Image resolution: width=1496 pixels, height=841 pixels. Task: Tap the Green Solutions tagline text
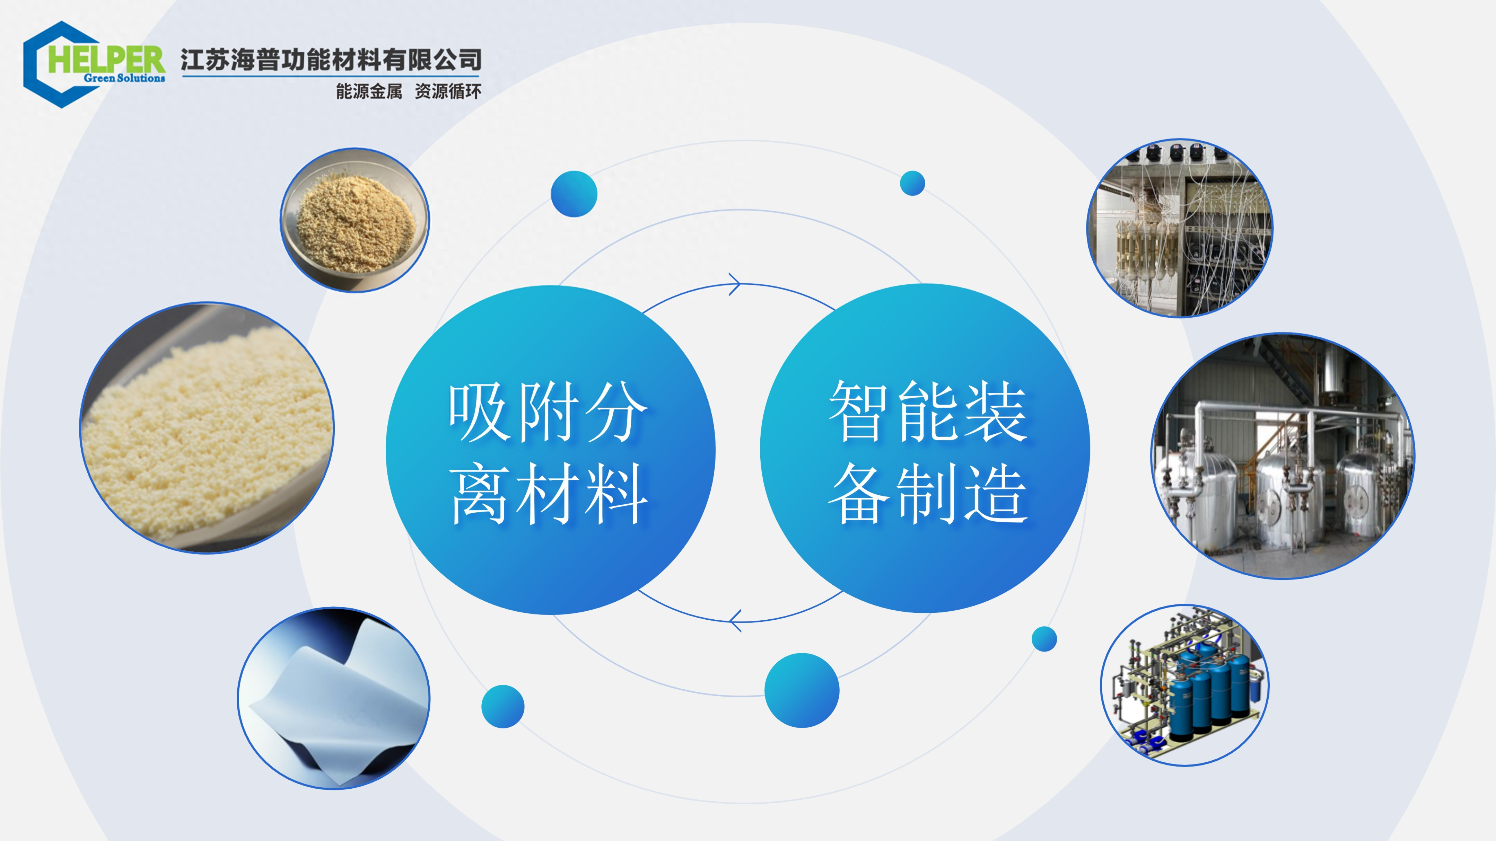coord(124,78)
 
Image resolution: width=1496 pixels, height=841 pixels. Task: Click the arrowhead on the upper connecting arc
coord(735,284)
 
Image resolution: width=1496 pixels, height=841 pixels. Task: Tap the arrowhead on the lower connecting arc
coord(735,620)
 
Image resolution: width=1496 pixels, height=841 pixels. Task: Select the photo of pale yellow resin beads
coord(207,428)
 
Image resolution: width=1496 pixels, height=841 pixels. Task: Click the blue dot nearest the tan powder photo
coord(574,194)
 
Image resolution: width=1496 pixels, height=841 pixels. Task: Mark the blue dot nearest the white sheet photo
coord(502,706)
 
